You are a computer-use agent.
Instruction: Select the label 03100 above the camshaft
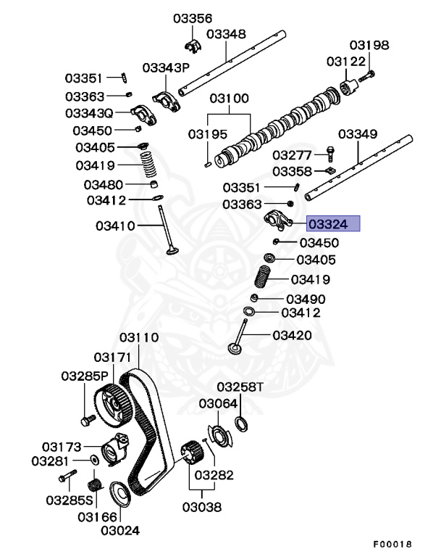pyautogui.click(x=230, y=99)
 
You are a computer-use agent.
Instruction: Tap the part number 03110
pyautogui.click(x=139, y=338)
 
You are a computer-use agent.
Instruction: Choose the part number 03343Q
pyautogui.click(x=89, y=113)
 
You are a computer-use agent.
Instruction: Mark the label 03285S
pyautogui.click(x=70, y=500)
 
